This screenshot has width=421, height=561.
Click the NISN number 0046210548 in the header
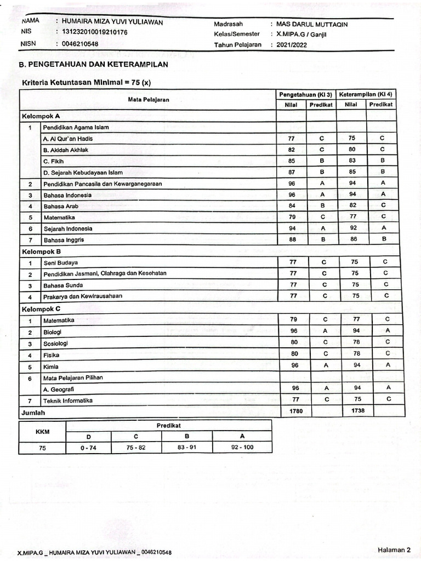click(x=80, y=44)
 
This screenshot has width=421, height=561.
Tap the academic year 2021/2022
click(x=292, y=45)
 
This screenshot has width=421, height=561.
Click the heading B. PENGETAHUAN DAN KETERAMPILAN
click(x=94, y=65)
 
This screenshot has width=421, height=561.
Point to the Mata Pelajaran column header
click(x=149, y=99)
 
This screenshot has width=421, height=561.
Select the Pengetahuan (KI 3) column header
click(x=306, y=94)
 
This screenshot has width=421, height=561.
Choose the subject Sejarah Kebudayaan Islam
click(x=82, y=173)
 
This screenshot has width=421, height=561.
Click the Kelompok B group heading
click(x=41, y=251)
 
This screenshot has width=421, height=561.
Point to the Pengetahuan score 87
click(x=292, y=172)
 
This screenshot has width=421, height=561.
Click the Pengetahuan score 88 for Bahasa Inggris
click(x=292, y=239)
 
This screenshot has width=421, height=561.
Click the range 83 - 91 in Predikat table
click(x=187, y=448)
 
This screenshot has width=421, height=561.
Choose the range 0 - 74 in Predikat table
click(x=88, y=448)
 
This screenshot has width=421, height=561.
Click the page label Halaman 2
click(x=394, y=549)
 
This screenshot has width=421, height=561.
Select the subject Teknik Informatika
click(x=68, y=400)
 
